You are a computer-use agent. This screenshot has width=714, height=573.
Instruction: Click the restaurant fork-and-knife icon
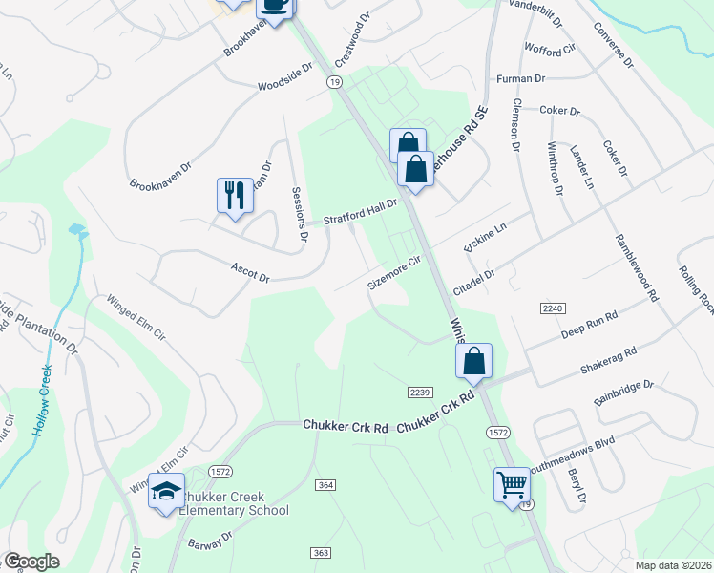234,195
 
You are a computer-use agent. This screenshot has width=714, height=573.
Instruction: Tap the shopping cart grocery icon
511,483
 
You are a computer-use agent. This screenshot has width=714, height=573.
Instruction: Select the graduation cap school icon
165,492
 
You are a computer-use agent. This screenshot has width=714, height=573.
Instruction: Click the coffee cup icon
275,5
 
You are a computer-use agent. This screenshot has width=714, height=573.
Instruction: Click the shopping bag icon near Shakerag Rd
474,361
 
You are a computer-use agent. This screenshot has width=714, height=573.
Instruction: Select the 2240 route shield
553,308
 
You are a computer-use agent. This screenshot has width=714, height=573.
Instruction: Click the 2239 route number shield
420,393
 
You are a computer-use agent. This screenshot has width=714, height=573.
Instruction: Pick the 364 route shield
325,485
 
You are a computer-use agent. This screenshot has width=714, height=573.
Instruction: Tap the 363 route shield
319,553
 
